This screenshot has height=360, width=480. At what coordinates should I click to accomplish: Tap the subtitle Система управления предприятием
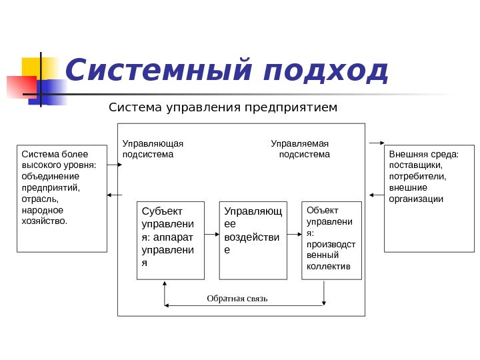[x=223, y=107]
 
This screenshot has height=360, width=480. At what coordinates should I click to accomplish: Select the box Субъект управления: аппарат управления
[x=170, y=240]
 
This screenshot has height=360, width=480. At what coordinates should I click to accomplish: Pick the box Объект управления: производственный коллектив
[x=331, y=240]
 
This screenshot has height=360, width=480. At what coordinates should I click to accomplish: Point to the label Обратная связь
[x=237, y=298]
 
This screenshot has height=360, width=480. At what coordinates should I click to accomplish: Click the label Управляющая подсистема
[x=153, y=149]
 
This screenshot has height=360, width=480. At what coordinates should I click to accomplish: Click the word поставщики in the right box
[x=415, y=165]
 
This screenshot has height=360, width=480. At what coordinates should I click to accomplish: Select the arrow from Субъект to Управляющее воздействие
[x=211, y=234]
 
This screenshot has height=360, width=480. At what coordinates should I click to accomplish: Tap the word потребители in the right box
[x=417, y=177]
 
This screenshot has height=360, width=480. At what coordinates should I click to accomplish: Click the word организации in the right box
[x=416, y=199]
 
